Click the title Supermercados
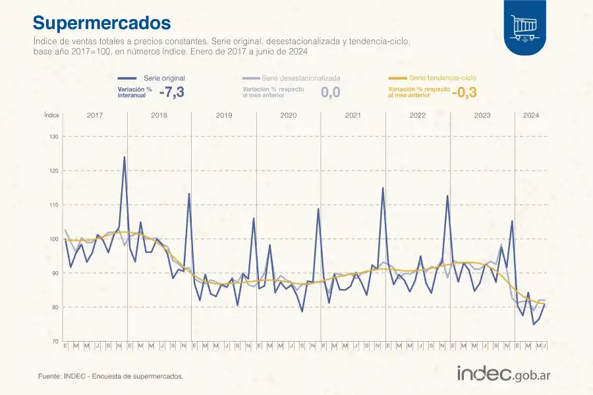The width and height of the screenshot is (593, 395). pos(101,22)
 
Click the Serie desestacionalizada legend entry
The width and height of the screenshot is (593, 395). pos(300,78)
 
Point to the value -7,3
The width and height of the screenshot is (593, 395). pos(171,92)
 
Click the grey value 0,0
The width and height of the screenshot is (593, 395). pos(330,92)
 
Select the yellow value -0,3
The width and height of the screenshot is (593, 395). pos(465,92)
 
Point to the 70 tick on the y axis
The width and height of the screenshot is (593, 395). pos(54,341)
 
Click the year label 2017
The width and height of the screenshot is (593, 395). pos(94,115)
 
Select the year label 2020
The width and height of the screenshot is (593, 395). pos(288,115)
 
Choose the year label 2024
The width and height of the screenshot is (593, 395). pos(531,115)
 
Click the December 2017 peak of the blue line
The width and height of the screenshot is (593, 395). pos(125,157)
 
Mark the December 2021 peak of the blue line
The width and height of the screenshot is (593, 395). pos(383,188)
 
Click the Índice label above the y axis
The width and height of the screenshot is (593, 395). pos(52,115)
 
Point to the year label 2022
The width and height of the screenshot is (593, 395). pos(417,115)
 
